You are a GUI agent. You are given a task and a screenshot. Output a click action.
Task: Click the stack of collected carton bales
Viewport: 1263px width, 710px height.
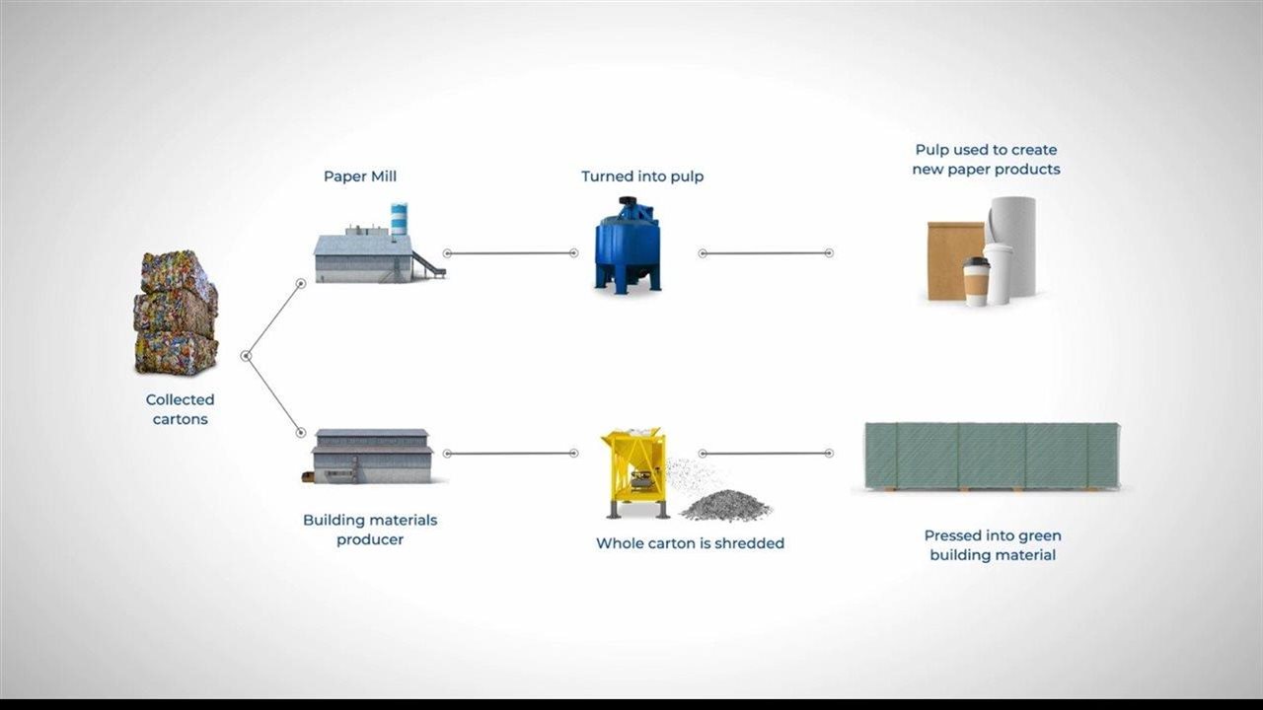tap(176, 314)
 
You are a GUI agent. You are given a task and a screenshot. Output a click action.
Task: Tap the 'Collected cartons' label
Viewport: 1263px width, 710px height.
tap(180, 409)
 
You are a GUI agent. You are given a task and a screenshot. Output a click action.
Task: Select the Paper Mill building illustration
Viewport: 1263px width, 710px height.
tap(365, 256)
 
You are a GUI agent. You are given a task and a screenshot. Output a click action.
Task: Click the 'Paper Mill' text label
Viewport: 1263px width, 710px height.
tap(360, 177)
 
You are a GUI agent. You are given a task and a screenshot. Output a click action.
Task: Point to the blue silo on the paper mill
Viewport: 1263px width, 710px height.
tap(399, 219)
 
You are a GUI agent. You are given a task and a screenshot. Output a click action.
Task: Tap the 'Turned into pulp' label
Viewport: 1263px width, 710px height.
tap(642, 177)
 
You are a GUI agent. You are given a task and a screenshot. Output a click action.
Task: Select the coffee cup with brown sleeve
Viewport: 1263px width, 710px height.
tap(976, 281)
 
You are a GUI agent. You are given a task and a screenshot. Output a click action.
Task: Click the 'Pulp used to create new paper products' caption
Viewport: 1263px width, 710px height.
tap(987, 160)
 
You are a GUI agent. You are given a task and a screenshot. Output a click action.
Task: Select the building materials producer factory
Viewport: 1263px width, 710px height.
tap(371, 456)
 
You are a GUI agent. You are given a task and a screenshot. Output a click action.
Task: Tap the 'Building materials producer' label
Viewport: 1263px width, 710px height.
tap(370, 530)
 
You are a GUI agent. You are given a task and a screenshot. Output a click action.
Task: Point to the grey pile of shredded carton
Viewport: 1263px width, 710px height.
tap(725, 505)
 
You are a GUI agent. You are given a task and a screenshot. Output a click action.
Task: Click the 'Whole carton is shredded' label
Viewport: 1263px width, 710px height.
tap(690, 543)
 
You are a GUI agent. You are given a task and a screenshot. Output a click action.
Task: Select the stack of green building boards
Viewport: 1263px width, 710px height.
tap(992, 456)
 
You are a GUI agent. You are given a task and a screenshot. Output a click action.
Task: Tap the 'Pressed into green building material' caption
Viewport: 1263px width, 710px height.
tap(993, 545)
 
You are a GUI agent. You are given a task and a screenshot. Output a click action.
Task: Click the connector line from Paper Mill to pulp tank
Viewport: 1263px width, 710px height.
tap(510, 253)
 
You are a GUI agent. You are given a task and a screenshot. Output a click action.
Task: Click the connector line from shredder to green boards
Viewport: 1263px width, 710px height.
tap(766, 454)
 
